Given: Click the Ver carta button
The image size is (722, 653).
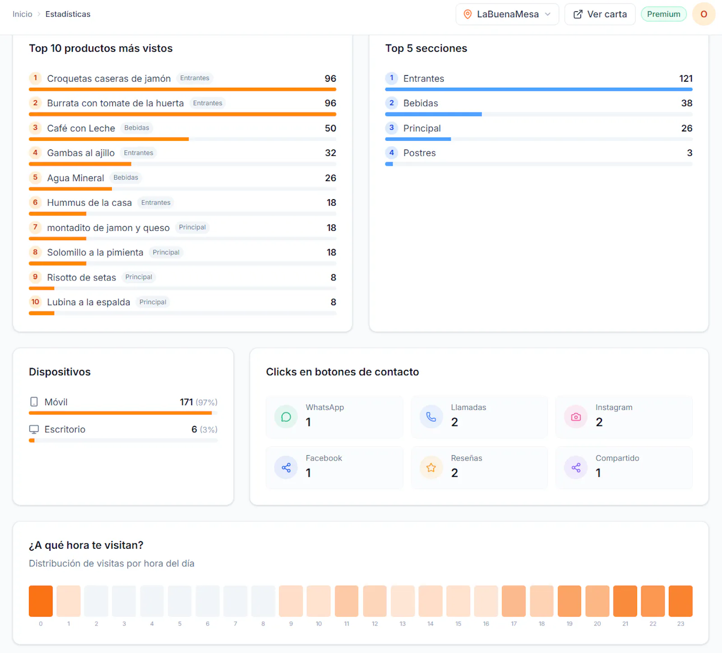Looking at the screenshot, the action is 600,14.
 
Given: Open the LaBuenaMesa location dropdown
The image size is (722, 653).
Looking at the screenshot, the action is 507,14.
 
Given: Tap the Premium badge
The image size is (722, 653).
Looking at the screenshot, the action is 663,14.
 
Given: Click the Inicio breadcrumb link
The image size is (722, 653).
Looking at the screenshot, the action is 23,14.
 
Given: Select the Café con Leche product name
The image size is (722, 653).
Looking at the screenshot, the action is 81,128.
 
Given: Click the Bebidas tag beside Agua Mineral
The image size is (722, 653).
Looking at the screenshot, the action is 126,177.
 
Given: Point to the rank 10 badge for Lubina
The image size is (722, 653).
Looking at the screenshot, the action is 35,302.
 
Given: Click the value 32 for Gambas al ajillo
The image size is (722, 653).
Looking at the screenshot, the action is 331,153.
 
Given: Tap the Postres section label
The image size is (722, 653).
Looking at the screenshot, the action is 420,153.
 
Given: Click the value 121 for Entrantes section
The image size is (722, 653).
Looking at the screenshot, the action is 686,79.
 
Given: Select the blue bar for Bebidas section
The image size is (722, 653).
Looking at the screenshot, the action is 434,114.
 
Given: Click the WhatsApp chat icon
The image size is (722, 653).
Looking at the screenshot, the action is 286,417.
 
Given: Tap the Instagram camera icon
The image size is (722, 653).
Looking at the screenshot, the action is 576,417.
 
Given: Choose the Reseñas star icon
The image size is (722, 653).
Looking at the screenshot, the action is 431,467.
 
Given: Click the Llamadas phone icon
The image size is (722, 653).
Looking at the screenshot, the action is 431,417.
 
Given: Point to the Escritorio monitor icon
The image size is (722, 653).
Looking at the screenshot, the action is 34,429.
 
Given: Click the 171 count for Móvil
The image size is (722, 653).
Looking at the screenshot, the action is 186,402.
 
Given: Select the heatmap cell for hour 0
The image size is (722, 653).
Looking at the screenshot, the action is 41,601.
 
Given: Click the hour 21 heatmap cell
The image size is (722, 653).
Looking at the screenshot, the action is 625,601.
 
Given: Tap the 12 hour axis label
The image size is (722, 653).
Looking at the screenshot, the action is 375,624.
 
